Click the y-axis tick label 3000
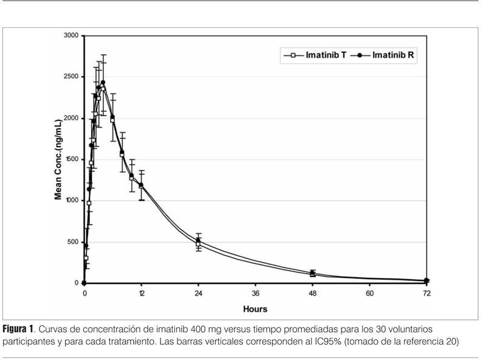pos(71,36)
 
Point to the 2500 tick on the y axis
pos(71,77)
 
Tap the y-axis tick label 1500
pos(71,159)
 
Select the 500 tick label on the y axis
pos(74,242)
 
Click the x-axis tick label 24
pos(198,293)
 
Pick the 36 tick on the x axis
pos(255,293)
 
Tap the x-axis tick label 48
pos(312,293)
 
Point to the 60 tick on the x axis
pos(369,293)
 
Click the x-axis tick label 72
pos(426,293)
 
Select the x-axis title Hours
pos(255,309)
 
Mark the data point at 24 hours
pos(198,241)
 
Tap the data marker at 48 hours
pos(312,273)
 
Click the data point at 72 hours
pos(426,280)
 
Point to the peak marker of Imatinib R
pos(103,83)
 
